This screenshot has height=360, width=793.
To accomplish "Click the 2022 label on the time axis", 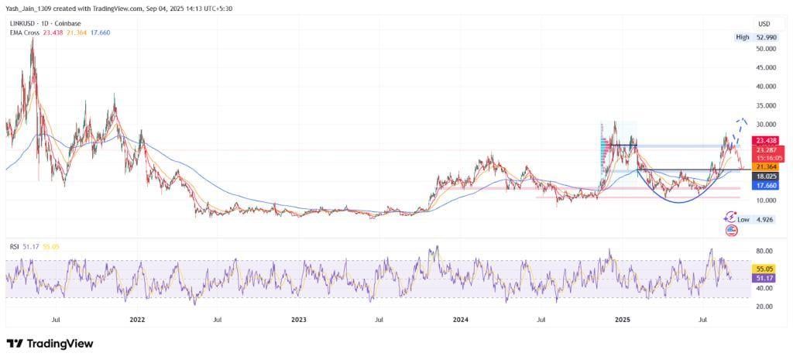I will coord(138,318).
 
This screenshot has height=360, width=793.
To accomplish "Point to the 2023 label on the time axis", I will coord(299,318).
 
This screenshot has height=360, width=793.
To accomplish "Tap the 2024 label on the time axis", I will coord(460,318).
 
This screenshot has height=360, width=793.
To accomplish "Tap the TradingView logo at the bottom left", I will coord(50,343).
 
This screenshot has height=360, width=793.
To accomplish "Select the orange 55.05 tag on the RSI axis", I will coord(762,269).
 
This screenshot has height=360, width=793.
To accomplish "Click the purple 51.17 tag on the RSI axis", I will coord(762,277).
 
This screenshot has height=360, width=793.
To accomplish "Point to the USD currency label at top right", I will coord(764,23).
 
